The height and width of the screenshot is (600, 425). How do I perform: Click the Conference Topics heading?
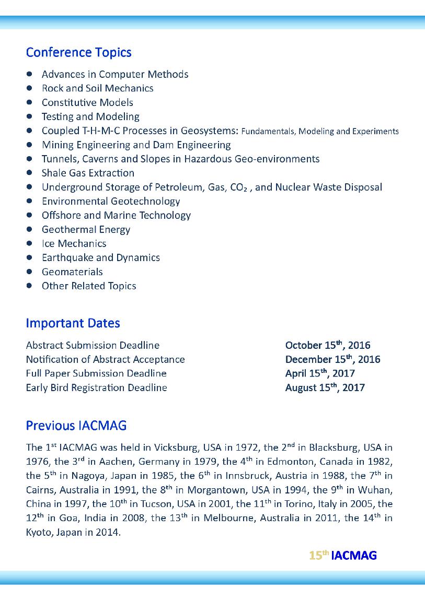(78, 52)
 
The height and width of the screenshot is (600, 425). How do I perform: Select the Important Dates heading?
(73, 323)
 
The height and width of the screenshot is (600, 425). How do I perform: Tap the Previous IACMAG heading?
(76, 425)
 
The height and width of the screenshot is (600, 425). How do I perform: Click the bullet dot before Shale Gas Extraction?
(30, 173)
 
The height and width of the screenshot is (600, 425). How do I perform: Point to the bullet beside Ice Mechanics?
(30, 243)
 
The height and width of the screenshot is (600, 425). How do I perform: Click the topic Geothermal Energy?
(86, 229)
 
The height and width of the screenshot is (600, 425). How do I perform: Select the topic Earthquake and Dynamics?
(100, 257)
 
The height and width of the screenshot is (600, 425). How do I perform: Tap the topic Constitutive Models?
(87, 102)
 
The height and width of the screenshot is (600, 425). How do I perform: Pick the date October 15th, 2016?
(327, 345)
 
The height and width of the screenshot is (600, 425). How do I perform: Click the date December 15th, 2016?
(332, 359)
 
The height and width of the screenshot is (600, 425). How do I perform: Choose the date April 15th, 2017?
(319, 373)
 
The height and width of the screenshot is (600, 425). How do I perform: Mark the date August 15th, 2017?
(325, 387)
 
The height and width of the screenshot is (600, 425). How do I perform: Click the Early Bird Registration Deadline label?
(96, 387)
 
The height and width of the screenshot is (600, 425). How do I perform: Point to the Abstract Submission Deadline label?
(93, 345)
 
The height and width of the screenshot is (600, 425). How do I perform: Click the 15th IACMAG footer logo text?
(342, 555)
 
